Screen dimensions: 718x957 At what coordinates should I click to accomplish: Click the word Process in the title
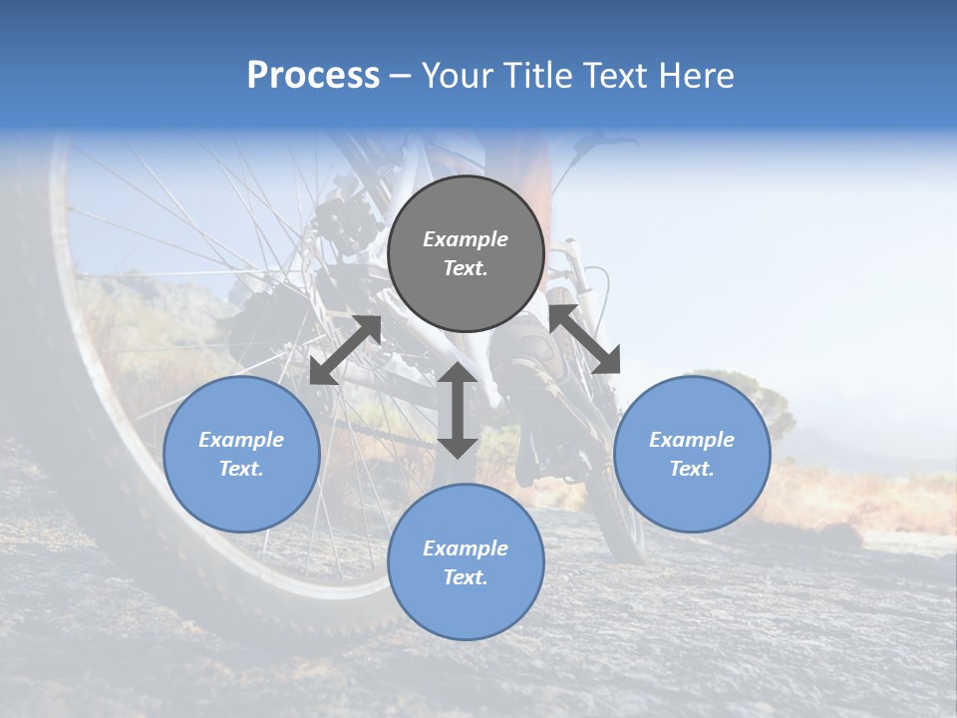click(313, 76)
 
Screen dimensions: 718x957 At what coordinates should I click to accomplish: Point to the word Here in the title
click(697, 76)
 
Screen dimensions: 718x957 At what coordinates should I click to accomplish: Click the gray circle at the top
click(466, 253)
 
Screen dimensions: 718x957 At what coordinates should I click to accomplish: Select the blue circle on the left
click(241, 454)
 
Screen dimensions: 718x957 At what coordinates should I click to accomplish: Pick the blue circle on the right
click(692, 454)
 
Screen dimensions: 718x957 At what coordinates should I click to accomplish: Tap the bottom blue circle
click(466, 562)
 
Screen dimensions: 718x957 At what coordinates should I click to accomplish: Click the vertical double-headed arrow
click(458, 410)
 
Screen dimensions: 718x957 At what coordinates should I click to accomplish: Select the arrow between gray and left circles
click(345, 350)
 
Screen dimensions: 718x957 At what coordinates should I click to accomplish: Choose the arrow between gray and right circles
click(584, 339)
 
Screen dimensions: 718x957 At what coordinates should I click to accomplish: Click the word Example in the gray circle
click(466, 239)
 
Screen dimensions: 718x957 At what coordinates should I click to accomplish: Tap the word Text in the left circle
click(241, 469)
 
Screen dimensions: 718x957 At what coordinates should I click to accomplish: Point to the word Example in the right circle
click(692, 440)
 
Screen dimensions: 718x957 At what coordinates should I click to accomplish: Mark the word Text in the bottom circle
click(466, 577)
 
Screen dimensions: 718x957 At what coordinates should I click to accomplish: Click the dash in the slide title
click(401, 76)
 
